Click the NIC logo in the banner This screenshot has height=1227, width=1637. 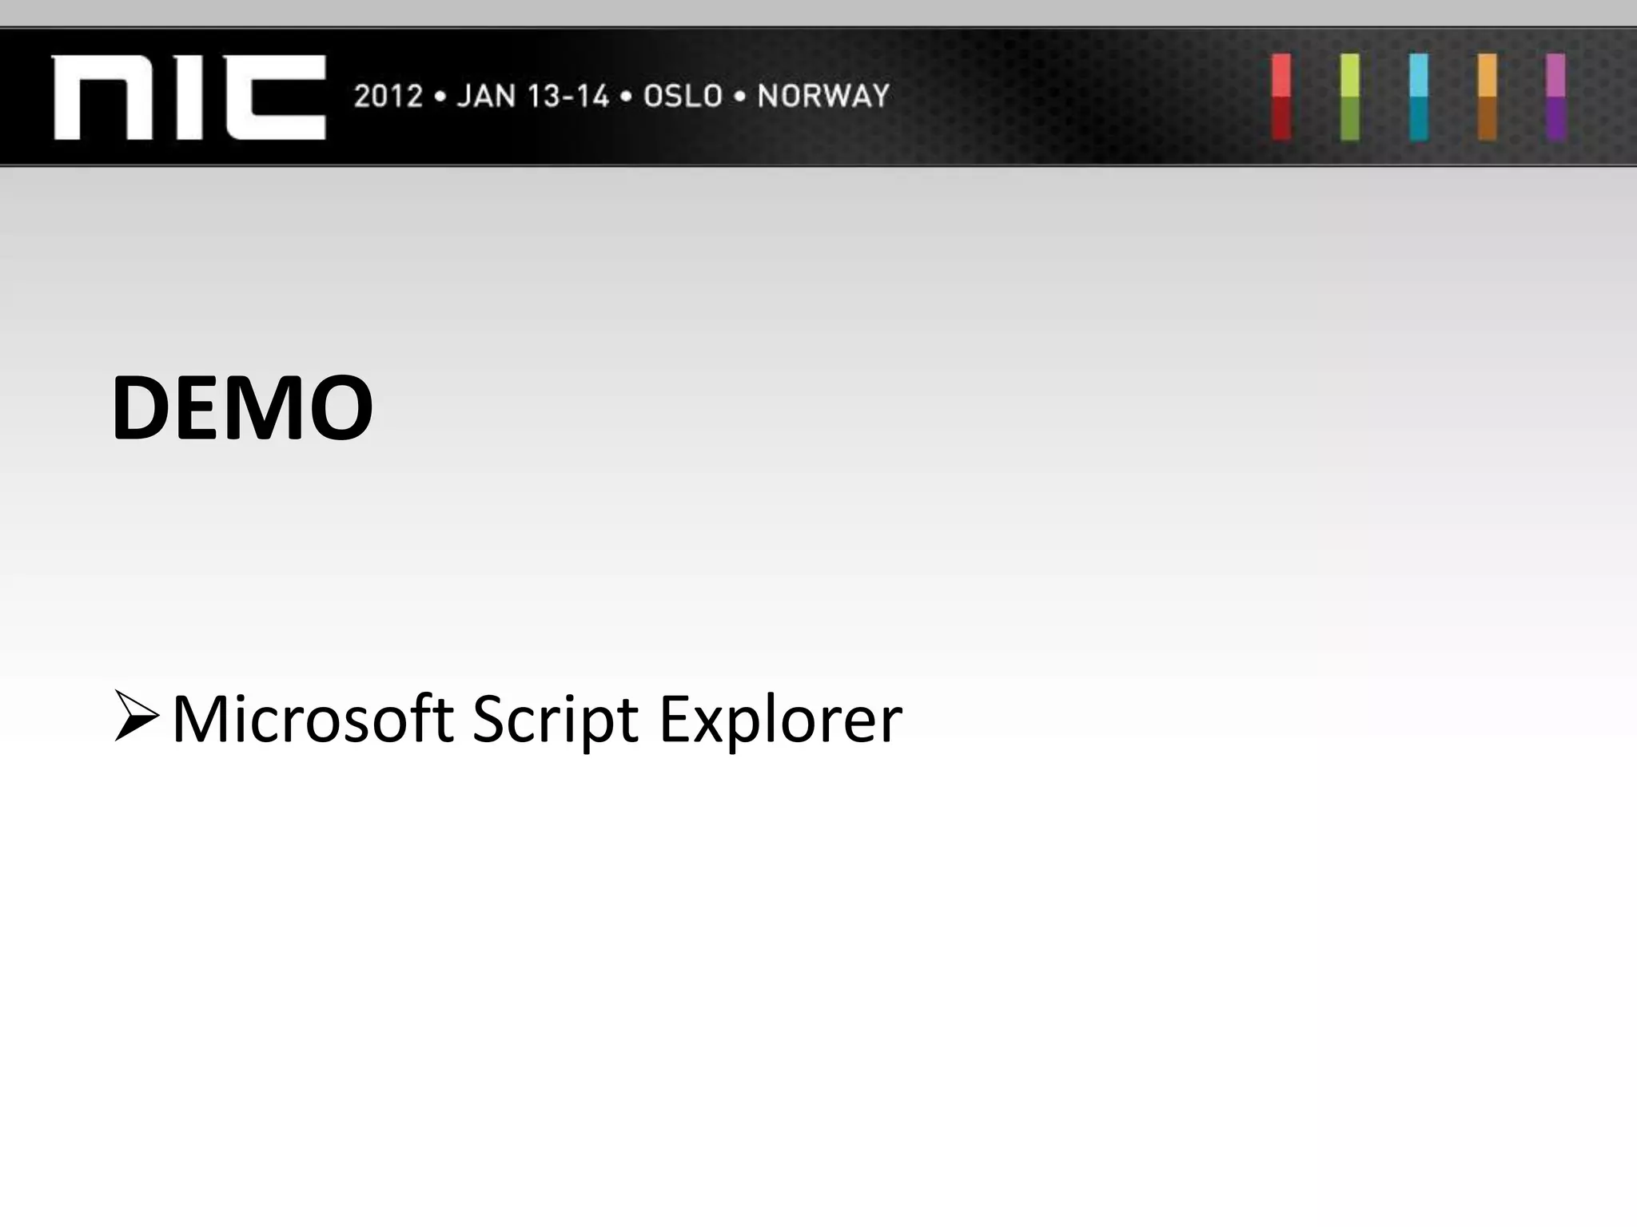(189, 97)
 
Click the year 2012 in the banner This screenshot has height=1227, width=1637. (388, 97)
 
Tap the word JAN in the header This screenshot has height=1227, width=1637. (484, 97)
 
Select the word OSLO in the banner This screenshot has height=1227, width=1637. (683, 97)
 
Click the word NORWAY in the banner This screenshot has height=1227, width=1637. (823, 97)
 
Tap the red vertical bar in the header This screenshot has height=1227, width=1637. (1281, 97)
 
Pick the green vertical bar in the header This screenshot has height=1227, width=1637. (1350, 97)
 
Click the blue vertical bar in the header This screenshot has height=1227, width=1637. (1419, 97)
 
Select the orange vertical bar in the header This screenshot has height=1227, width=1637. (1487, 97)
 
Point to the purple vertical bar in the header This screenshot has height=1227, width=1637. (1555, 97)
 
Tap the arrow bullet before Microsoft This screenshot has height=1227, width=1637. (136, 717)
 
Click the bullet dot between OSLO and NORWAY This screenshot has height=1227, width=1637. (740, 97)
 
